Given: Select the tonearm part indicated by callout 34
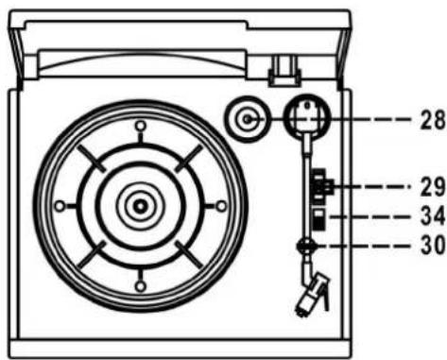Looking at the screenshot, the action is pos(318,219).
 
